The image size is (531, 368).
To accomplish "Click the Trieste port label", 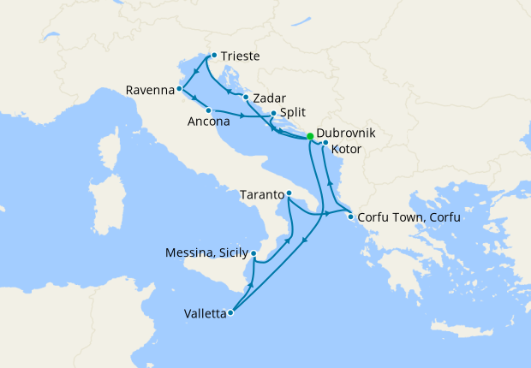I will [240, 57].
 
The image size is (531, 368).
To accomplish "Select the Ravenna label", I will [149, 90].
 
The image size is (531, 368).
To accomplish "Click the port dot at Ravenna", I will [180, 89].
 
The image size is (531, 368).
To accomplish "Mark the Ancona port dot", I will [208, 110].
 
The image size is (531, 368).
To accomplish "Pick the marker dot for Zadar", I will [246, 97].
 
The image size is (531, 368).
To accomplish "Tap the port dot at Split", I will [272, 113].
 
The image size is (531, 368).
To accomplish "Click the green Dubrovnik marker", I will [310, 135].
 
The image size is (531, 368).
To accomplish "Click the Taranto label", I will [261, 194].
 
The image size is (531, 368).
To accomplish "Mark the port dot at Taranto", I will [289, 193].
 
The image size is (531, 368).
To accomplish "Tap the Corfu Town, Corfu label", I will [409, 217].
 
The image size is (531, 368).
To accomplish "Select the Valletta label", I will [206, 314].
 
